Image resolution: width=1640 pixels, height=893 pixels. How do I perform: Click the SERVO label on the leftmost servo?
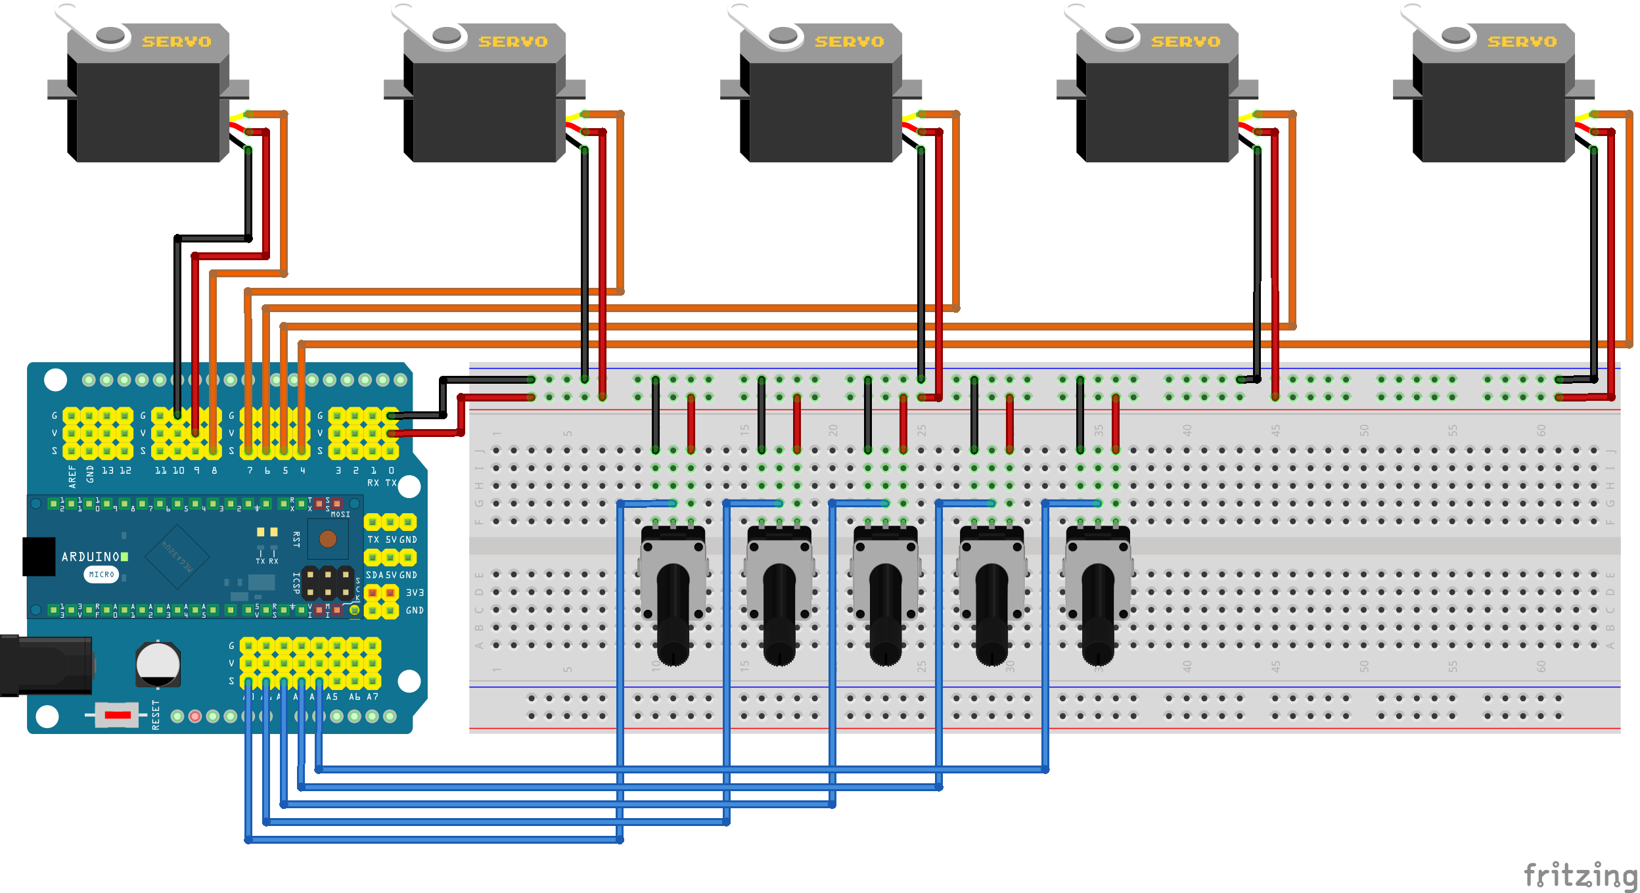point(177,41)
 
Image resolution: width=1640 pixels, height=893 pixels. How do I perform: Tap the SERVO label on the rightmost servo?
point(1522,41)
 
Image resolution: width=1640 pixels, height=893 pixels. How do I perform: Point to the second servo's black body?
point(484,112)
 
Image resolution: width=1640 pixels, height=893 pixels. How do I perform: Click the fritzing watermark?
point(1580,875)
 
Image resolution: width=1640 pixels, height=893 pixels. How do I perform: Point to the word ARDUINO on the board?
point(91,557)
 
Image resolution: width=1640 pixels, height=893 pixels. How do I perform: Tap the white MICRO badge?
point(101,574)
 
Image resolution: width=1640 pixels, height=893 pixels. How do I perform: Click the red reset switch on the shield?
point(117,715)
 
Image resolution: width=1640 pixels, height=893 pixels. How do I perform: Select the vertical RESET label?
point(156,715)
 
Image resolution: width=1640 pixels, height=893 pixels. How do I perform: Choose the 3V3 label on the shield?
point(415,593)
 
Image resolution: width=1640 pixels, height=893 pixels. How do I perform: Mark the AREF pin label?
point(72,476)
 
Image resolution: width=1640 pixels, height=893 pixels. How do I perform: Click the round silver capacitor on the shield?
point(158,664)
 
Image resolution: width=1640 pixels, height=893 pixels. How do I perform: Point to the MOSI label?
point(340,515)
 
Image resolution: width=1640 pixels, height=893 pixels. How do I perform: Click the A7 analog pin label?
point(373,697)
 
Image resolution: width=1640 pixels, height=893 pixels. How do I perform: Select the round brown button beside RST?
point(327,539)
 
